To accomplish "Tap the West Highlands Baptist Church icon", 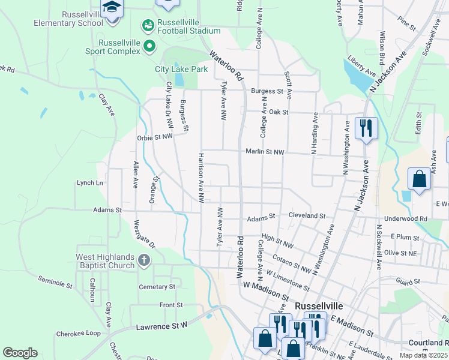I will tap(143, 260).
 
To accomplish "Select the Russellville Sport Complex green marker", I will tap(149, 46).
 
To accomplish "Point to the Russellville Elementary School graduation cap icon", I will tap(112, 8).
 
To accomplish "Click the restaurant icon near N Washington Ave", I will tap(366, 127).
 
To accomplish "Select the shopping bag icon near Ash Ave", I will tap(419, 179).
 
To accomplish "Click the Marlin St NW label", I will tap(265, 152).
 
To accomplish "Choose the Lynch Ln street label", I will tap(90, 183).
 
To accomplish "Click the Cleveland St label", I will tap(307, 215).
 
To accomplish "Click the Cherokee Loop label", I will tap(79, 334).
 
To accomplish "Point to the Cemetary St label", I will tap(157, 287).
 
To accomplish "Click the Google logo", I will tap(20, 353).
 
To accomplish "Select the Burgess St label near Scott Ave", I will tap(267, 91).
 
